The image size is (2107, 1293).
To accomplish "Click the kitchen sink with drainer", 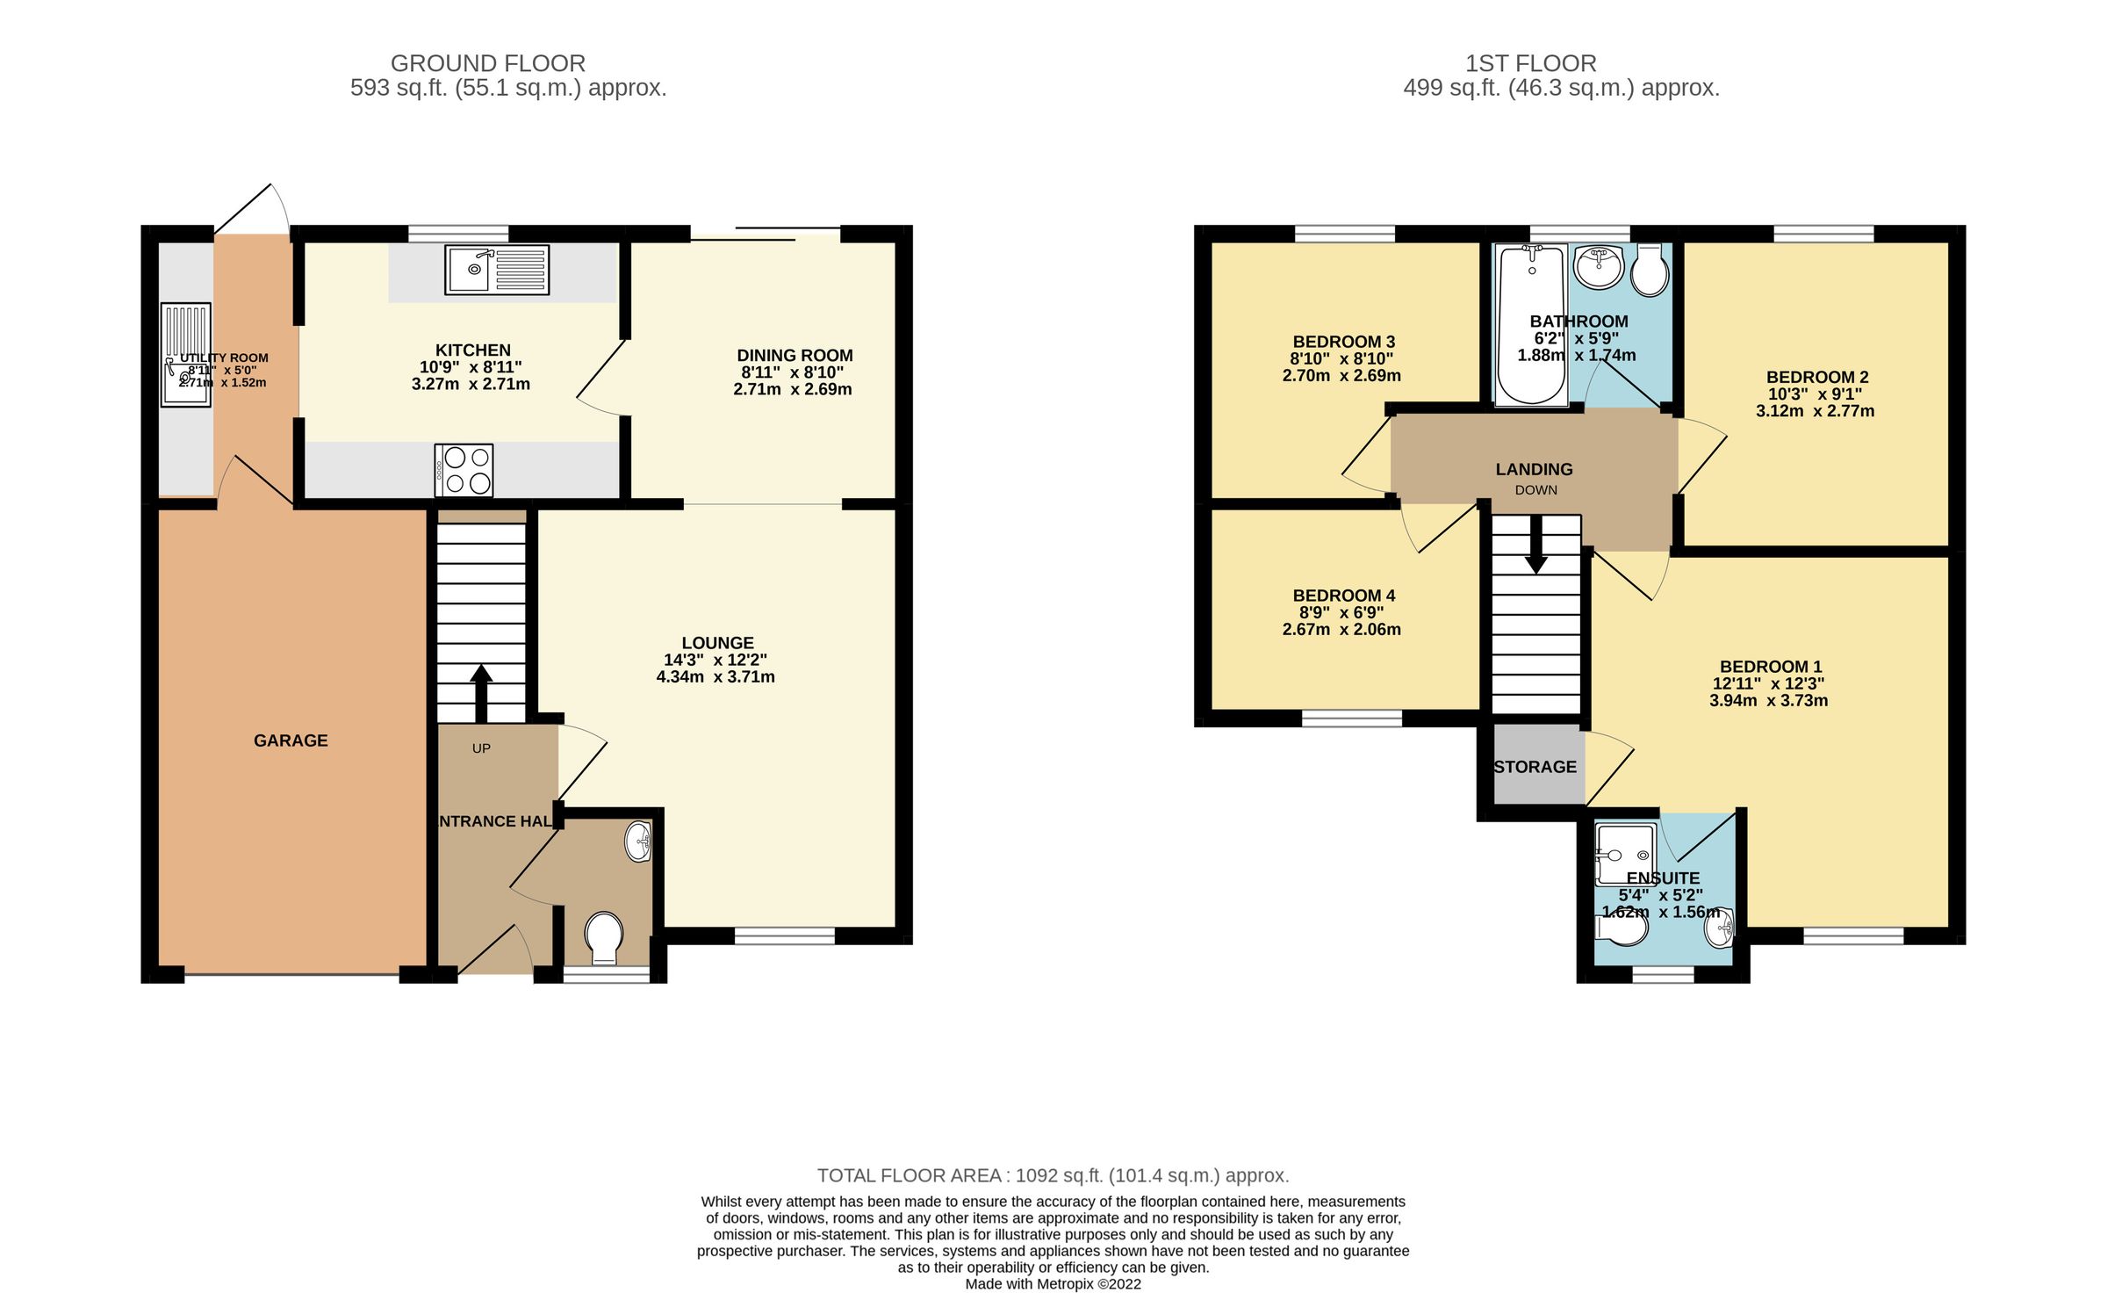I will tap(497, 270).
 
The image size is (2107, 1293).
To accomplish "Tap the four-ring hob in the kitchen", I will tap(464, 471).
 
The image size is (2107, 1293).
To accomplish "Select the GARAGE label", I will tap(291, 740).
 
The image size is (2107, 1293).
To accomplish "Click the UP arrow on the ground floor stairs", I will tap(481, 692).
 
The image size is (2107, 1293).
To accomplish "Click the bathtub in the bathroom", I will tap(1532, 325).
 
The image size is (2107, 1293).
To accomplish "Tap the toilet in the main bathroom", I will tap(1650, 271).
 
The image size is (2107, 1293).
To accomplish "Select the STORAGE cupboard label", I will tap(1535, 767).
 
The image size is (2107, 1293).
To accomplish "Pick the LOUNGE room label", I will tap(717, 643).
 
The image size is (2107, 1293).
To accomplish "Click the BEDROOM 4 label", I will tap(1343, 596).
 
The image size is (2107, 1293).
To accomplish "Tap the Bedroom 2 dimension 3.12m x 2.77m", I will tap(1815, 411).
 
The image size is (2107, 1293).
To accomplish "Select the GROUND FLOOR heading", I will tap(487, 63).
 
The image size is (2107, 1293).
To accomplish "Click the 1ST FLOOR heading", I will tap(1530, 63).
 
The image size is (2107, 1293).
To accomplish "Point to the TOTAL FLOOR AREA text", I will tap(1053, 1175).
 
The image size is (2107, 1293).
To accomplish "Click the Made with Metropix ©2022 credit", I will tap(1053, 1283).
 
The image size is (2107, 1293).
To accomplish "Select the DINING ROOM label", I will tap(795, 356).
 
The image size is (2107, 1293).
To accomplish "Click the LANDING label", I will tap(1534, 469).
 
